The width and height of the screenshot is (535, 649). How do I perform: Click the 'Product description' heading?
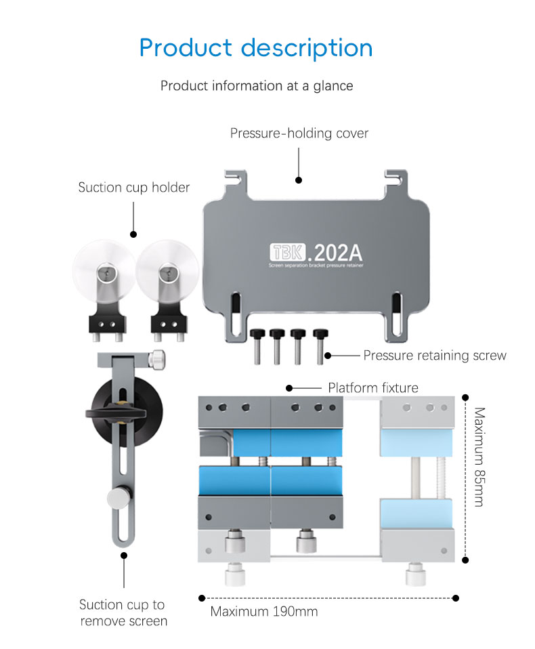point(256,48)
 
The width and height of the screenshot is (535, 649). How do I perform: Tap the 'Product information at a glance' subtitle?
point(256,86)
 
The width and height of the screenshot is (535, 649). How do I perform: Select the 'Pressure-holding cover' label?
point(299,133)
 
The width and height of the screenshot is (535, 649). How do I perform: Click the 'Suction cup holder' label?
point(133,188)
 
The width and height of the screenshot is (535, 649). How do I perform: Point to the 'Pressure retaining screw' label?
point(434,355)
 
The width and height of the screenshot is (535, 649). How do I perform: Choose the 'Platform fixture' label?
point(372,388)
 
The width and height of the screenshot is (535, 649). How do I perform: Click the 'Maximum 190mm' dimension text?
point(263,612)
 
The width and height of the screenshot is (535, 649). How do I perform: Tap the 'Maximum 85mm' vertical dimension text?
point(479,457)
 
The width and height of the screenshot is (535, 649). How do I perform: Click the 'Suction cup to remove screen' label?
point(123,612)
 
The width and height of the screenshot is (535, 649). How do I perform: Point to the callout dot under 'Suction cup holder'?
point(133,234)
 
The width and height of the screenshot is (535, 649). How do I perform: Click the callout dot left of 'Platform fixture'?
point(289,388)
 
